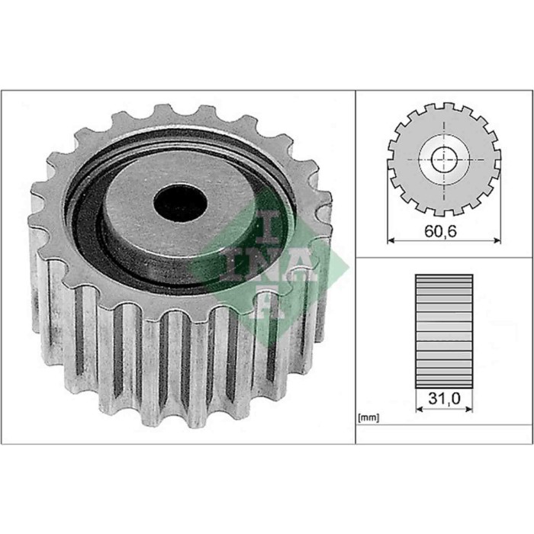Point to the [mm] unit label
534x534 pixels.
tap(368, 418)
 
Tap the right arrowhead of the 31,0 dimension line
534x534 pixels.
tap(469, 408)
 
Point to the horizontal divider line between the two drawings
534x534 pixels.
tap(444, 257)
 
